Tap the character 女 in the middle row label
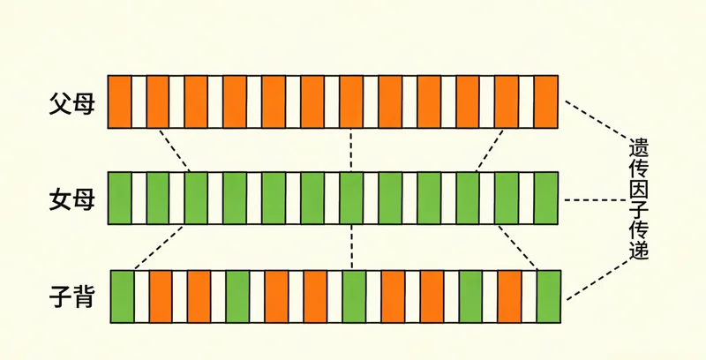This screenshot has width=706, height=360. coord(61,199)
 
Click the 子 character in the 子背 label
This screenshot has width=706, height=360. coord(61,298)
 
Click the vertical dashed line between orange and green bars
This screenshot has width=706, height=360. coord(351,149)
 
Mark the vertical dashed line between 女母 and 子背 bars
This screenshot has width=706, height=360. coord(351,247)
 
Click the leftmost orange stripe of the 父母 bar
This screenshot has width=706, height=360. coord(119,102)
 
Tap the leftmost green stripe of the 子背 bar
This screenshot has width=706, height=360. coord(121,297)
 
